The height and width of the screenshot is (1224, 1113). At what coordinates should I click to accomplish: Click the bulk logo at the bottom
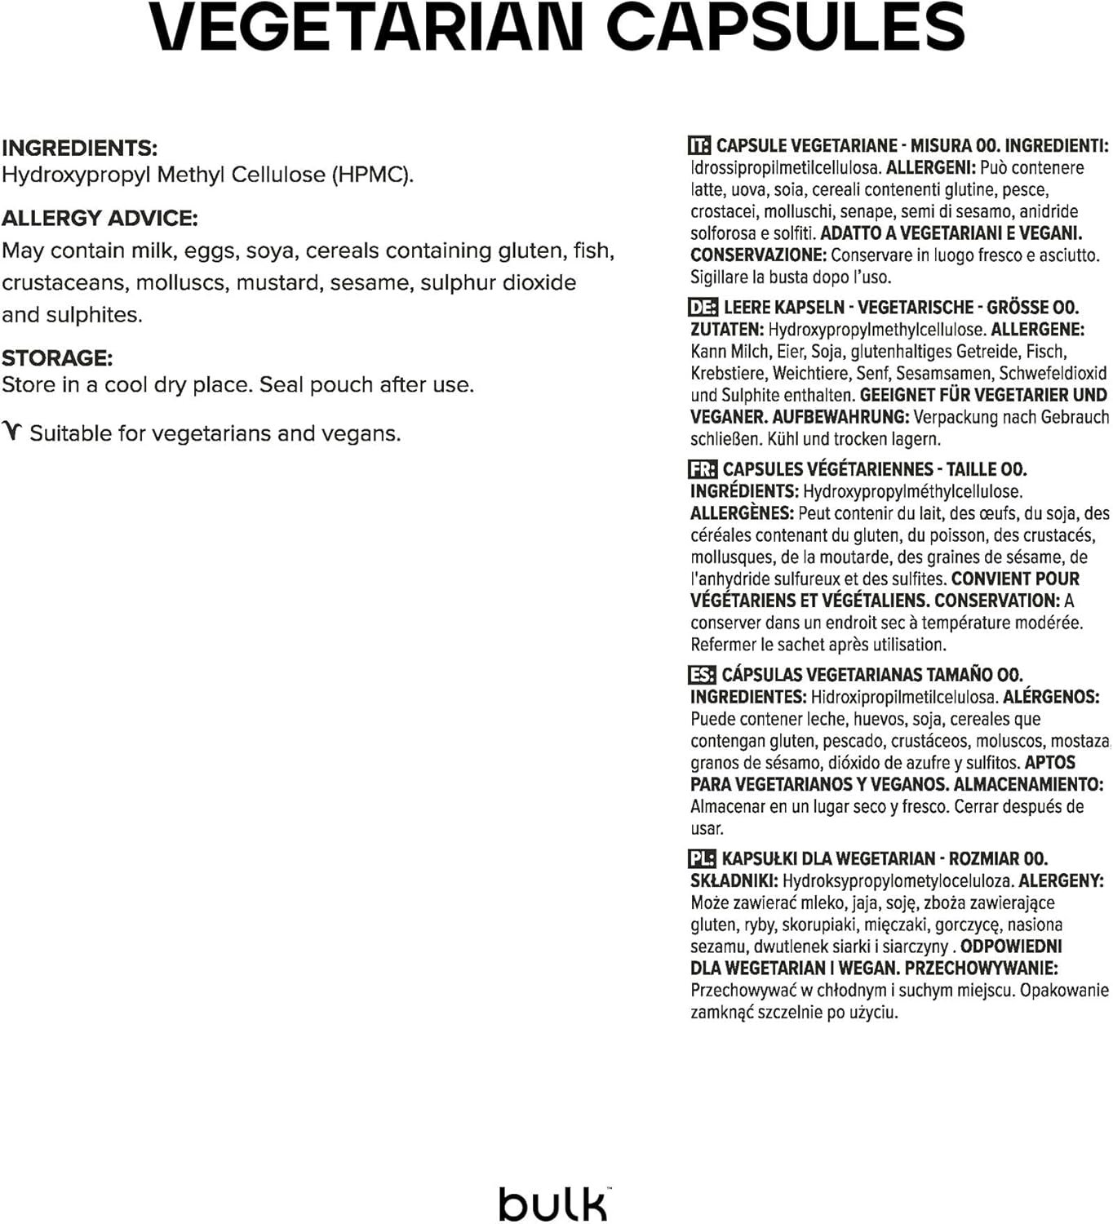554,1202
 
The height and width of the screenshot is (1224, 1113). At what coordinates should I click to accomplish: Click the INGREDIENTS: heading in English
80,148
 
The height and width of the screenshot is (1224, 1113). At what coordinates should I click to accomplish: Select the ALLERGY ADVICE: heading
100,218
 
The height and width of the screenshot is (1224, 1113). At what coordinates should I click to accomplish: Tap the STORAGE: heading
57,357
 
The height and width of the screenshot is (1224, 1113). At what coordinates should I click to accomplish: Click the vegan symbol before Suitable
12,432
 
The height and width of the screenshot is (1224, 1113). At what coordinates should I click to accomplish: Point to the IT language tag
699,146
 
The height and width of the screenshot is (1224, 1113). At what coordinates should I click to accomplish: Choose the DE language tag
703,308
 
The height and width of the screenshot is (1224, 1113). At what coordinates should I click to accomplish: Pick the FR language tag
703,469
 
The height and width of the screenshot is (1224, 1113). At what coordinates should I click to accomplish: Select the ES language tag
702,675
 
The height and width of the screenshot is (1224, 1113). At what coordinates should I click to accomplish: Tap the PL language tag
702,858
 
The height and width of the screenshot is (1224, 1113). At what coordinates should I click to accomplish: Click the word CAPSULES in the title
786,27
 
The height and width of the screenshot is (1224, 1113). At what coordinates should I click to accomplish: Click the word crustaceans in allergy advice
63,282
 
